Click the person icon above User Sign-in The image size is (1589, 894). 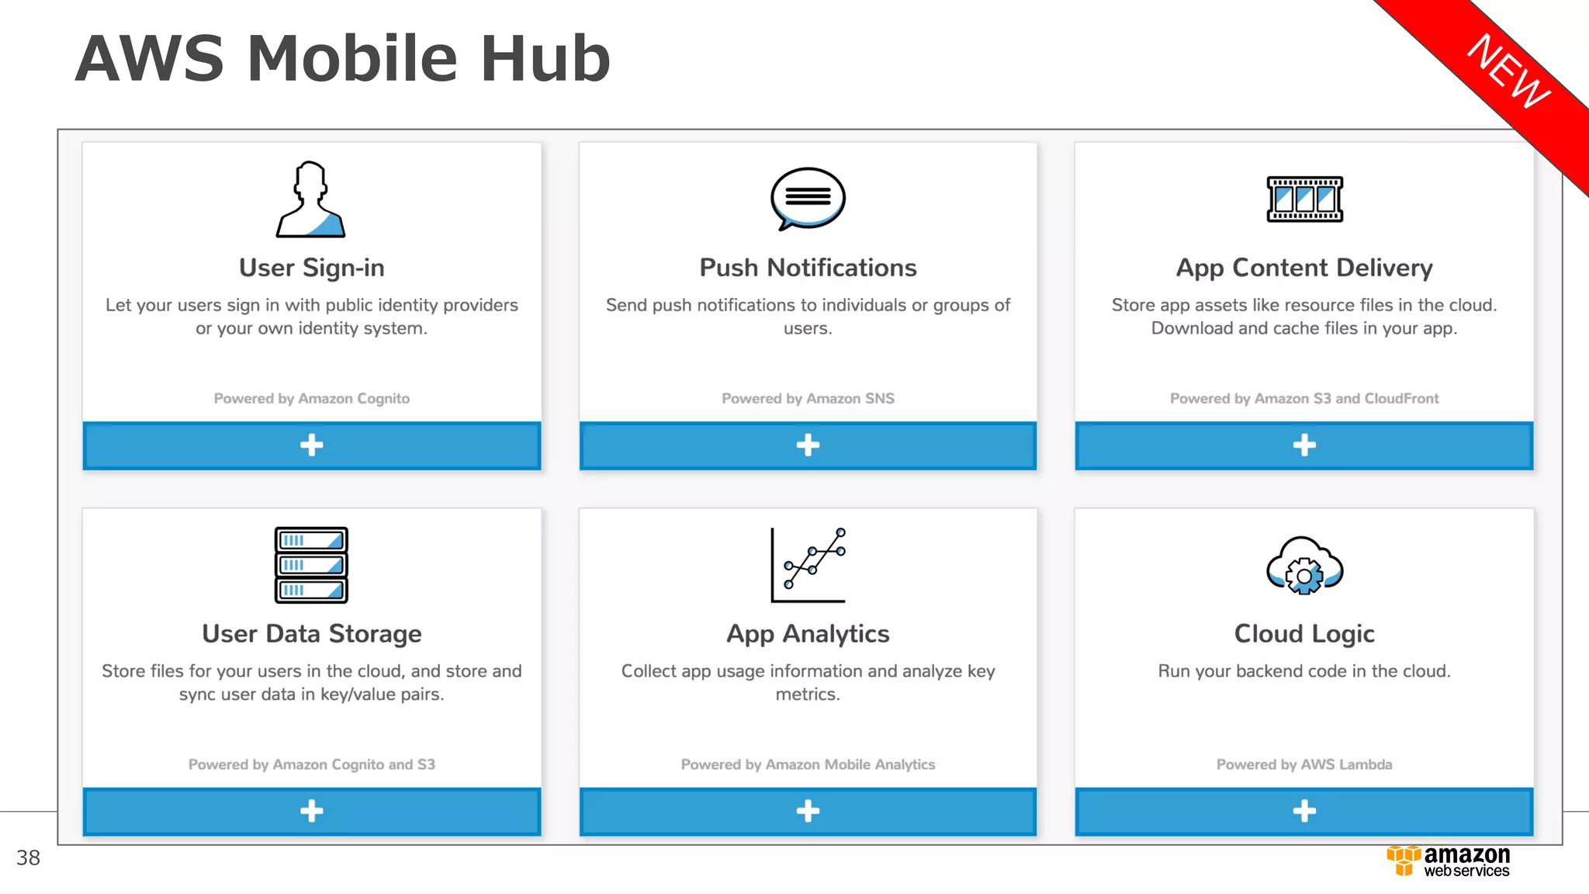311,199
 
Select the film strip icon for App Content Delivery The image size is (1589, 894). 1304,199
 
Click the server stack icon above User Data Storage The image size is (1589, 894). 311,565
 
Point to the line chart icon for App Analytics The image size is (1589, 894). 808,565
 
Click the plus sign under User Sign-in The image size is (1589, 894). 311,445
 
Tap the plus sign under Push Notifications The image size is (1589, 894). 808,445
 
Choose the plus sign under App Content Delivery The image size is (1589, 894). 1304,445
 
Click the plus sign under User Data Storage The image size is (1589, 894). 311,811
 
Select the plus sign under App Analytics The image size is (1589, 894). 808,811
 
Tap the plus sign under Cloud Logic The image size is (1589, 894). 1304,811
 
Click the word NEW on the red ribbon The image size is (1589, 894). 1508,71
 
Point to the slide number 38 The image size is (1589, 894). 28,858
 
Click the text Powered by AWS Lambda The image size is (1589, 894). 1304,764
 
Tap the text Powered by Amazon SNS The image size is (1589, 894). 808,398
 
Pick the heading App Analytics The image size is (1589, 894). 808,634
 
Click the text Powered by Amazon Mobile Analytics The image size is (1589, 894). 808,764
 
